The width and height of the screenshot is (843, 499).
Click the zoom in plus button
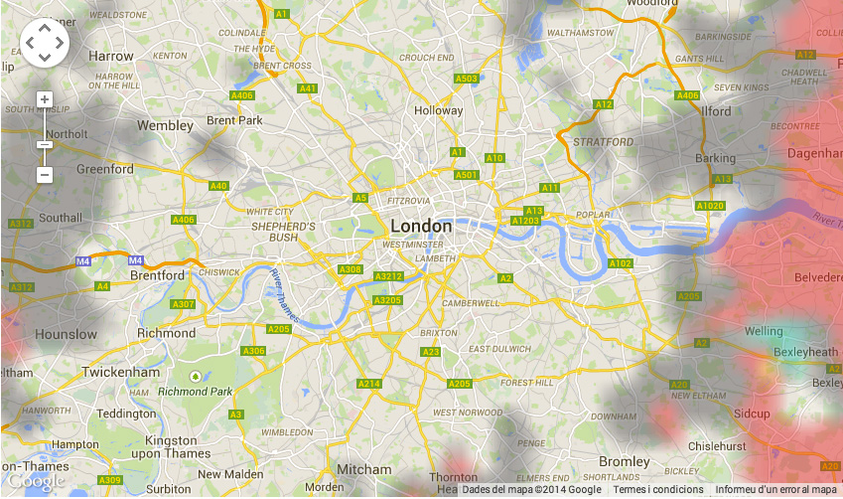pyautogui.click(x=44, y=99)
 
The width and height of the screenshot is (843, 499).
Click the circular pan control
pyautogui.click(x=44, y=43)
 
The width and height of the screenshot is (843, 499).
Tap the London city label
pyautogui.click(x=421, y=226)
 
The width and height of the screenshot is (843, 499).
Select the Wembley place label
pyautogui.click(x=165, y=126)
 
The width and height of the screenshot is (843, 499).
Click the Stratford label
pyautogui.click(x=603, y=142)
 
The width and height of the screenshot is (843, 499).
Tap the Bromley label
pyautogui.click(x=624, y=461)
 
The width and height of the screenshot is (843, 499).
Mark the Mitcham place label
pyautogui.click(x=363, y=469)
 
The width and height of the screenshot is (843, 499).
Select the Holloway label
pyautogui.click(x=438, y=110)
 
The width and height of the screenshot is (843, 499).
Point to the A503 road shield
pyautogui.click(x=466, y=79)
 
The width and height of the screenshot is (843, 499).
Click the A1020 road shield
pyautogui.click(x=710, y=206)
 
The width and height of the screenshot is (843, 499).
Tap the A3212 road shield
pyautogui.click(x=388, y=275)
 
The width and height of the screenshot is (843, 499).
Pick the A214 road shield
pyautogui.click(x=369, y=384)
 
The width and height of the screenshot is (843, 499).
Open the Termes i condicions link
pyautogui.click(x=657, y=489)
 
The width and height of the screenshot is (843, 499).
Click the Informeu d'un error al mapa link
pyautogui.click(x=776, y=489)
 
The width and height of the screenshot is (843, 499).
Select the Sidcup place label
pyautogui.click(x=753, y=413)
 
